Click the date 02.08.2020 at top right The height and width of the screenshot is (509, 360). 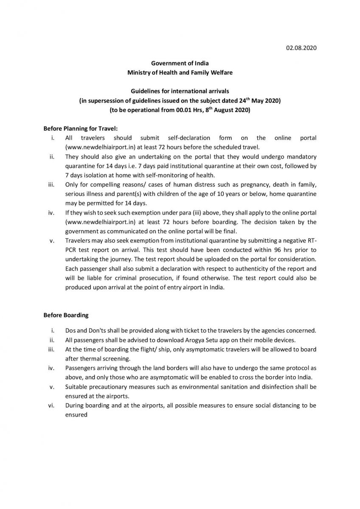300,48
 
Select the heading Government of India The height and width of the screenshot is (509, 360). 180,64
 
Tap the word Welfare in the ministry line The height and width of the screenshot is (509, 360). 220,73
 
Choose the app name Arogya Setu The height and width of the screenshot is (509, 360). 177,340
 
